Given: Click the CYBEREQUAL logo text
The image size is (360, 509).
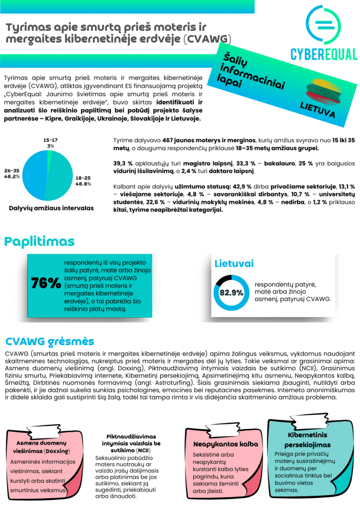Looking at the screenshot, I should click(x=323, y=54).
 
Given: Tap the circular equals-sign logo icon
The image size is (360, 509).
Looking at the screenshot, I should click(x=323, y=24).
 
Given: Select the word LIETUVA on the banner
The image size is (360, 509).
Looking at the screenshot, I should click(x=317, y=110).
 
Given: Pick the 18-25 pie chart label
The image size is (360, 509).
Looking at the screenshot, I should click(x=82, y=181).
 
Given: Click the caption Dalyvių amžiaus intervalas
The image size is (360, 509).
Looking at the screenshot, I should click(x=51, y=208).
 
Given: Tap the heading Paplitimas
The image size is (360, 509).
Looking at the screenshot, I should click(x=39, y=241).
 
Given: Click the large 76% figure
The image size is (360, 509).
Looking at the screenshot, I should click(x=45, y=283).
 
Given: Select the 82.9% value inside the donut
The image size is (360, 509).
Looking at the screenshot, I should click(x=232, y=293).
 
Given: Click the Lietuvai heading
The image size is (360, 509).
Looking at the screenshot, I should click(x=234, y=263).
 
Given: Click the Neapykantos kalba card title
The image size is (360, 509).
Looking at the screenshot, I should click(x=225, y=444).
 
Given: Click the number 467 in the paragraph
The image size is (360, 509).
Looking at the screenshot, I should click(x=170, y=140).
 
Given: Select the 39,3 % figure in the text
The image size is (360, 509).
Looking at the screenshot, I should click(x=123, y=164).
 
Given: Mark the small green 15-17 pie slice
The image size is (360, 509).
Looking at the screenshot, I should click(x=49, y=155).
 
